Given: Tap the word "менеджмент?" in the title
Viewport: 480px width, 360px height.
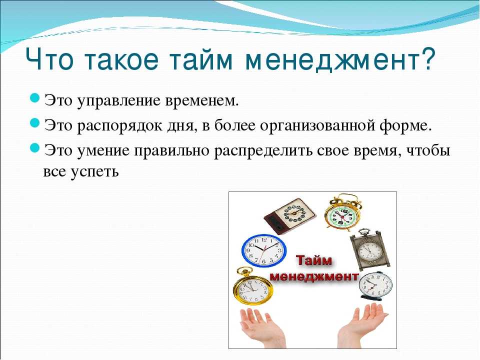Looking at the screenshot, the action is click(340, 59).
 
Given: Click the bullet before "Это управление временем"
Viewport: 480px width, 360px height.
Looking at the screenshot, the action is click(35, 98).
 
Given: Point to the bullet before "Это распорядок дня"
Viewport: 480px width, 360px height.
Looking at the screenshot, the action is click(35, 123).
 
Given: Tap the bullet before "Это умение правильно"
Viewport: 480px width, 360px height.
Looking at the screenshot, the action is click(35, 148).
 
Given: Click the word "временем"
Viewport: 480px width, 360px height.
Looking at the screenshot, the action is click(201, 100).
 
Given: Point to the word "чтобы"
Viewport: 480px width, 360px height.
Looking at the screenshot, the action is click(428, 150).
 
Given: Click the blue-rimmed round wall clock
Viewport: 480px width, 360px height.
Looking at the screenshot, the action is click(264, 250).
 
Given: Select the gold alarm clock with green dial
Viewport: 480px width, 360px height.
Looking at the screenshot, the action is click(342, 212).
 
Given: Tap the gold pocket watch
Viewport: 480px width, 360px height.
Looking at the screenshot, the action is click(253, 286).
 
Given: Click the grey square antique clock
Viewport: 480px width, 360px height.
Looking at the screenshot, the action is click(370, 249).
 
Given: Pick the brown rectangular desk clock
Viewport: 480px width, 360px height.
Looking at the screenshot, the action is click(290, 215).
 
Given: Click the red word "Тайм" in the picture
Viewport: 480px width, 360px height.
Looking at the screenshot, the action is click(314, 261).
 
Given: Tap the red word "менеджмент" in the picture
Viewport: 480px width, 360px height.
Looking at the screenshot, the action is click(314, 276).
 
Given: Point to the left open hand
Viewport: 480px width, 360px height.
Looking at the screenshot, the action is click(262, 327).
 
